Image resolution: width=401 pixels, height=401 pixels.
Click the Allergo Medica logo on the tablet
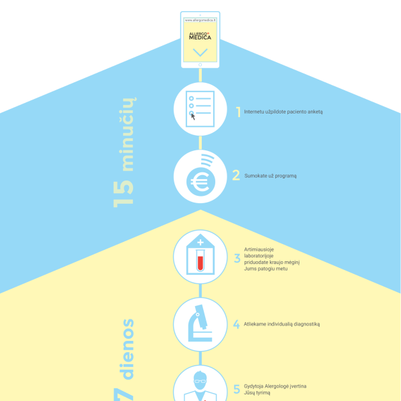pyautogui.click(x=200, y=36)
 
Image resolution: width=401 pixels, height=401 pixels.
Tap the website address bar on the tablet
pyautogui.click(x=200, y=20)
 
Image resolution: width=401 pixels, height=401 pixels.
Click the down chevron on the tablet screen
pyautogui.click(x=200, y=52)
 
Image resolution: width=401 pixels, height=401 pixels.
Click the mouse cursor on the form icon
pyautogui.click(x=193, y=116)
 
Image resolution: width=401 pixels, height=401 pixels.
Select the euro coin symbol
pyautogui.click(x=200, y=182)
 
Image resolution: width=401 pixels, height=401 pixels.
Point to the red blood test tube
pyautogui.click(x=200, y=261)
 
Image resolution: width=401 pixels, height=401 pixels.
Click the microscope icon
pyautogui.click(x=200, y=323)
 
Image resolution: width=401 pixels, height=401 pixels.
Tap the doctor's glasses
pyautogui.click(x=200, y=382)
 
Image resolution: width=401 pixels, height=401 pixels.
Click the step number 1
pyautogui.click(x=239, y=112)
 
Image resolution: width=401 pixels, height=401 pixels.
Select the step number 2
pyautogui.click(x=236, y=175)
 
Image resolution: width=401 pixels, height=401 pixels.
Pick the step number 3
pyautogui.click(x=237, y=258)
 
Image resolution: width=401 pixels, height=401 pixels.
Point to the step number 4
pyautogui.click(x=237, y=324)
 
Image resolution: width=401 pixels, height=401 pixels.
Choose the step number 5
pyautogui.click(x=237, y=389)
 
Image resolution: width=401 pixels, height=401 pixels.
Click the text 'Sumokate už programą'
pyautogui.click(x=270, y=176)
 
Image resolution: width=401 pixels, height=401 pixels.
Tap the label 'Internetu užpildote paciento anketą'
pyautogui.click(x=283, y=112)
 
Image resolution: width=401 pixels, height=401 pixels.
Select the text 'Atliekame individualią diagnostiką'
pyautogui.click(x=281, y=324)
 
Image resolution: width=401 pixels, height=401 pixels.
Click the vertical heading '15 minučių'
pyautogui.click(x=124, y=152)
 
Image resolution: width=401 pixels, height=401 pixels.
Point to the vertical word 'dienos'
pyautogui.click(x=128, y=349)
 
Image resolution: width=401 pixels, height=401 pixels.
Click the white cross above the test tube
pyautogui.click(x=200, y=242)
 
